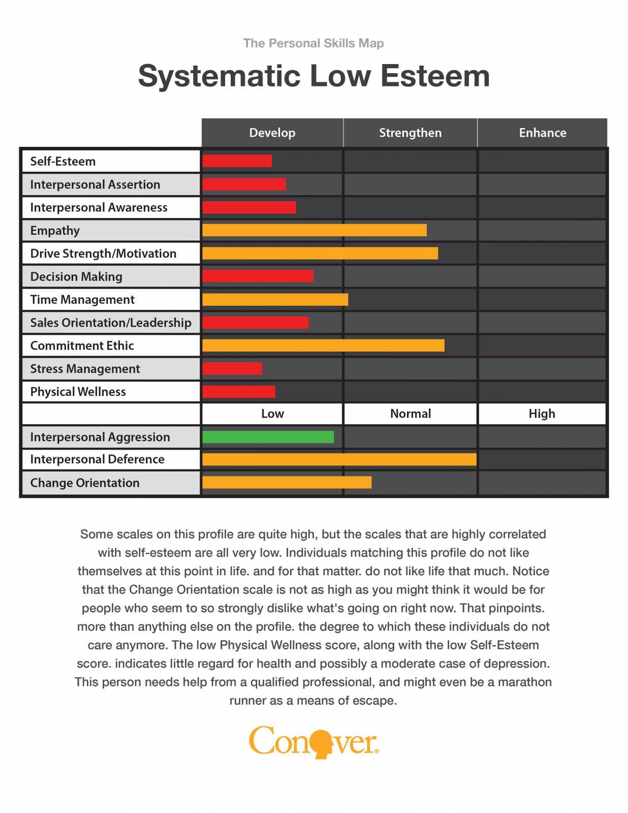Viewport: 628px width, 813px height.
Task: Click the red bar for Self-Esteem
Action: click(237, 161)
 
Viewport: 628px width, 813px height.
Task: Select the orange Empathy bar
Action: click(314, 230)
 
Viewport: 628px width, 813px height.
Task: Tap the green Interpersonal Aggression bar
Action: click(268, 437)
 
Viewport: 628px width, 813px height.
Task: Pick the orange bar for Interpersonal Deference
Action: click(339, 459)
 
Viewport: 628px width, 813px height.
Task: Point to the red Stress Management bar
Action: click(232, 368)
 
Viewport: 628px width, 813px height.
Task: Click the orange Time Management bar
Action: click(275, 299)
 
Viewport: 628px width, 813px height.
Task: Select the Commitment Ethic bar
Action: click(323, 346)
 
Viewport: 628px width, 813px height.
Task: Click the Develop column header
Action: click(272, 133)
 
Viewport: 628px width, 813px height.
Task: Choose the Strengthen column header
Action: click(410, 133)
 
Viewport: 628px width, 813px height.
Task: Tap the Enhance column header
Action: click(542, 133)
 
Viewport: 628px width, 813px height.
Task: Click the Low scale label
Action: click(272, 414)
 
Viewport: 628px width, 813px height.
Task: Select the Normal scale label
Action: click(410, 414)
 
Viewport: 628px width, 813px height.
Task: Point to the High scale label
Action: click(542, 414)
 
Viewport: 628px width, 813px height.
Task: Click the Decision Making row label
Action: click(76, 276)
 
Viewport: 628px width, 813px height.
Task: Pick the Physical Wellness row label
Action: click(78, 392)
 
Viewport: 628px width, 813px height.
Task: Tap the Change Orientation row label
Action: click(84, 483)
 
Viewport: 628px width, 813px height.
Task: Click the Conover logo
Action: click(313, 742)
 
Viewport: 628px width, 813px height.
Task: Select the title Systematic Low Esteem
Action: click(313, 76)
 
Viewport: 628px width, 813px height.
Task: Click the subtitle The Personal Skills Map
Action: click(313, 43)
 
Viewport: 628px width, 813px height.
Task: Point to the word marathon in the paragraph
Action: click(525, 682)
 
